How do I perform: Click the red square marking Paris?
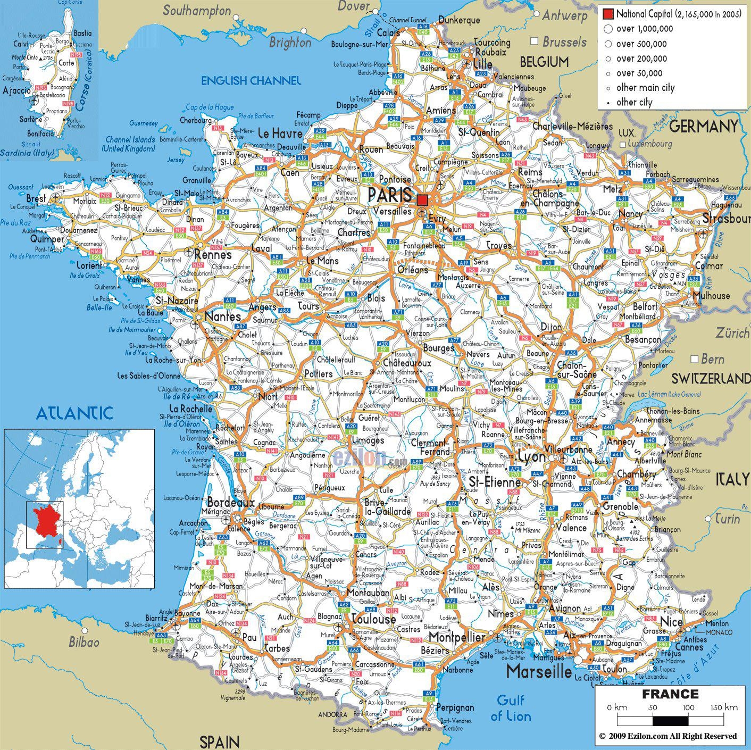[x=422, y=200]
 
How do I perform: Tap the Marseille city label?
[x=538, y=671]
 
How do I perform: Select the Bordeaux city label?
[x=230, y=502]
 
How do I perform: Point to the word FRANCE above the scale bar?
[x=670, y=694]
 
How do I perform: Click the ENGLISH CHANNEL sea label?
[x=251, y=81]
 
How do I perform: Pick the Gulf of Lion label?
[x=511, y=708]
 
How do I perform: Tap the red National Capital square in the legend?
[x=608, y=14]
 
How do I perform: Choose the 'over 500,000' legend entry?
[x=641, y=44]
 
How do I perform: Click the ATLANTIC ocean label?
[x=74, y=413]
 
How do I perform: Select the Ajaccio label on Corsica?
[x=17, y=91]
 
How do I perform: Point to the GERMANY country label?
[x=703, y=127]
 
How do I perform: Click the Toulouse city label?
[x=374, y=620]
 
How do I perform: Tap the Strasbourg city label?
[x=727, y=219]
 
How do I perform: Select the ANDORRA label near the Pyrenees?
[x=332, y=715]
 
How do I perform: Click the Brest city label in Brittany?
[x=36, y=198]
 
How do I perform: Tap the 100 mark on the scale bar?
[x=688, y=707]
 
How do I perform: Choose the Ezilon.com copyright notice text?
[x=668, y=736]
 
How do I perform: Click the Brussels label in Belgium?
[x=565, y=42]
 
